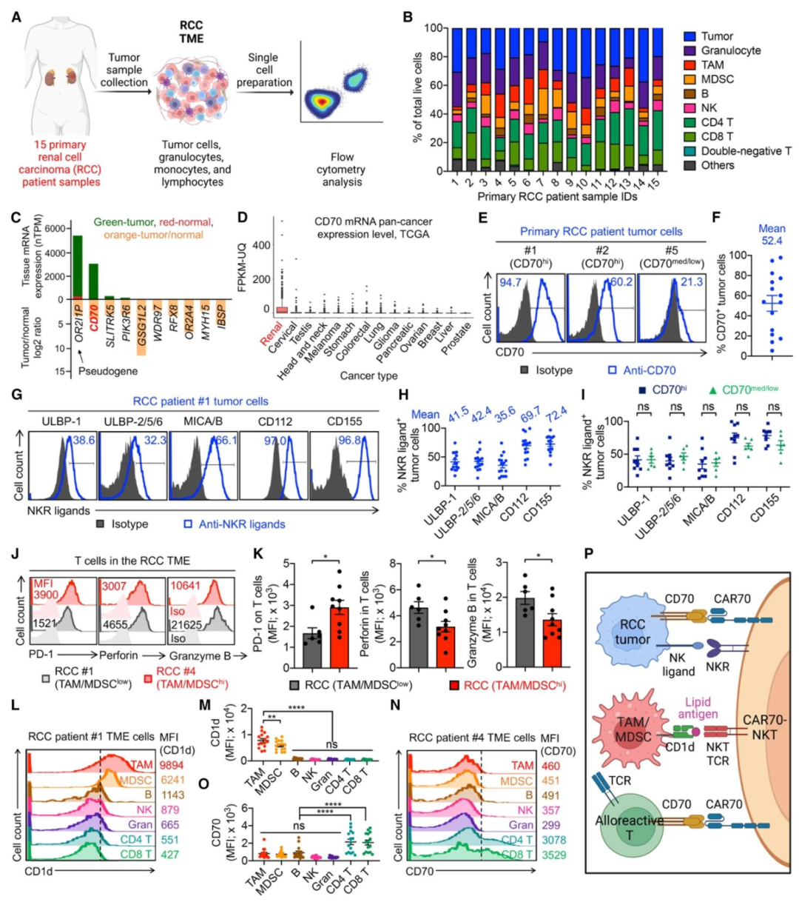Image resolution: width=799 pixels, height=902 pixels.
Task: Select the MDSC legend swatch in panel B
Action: [x=690, y=79]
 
